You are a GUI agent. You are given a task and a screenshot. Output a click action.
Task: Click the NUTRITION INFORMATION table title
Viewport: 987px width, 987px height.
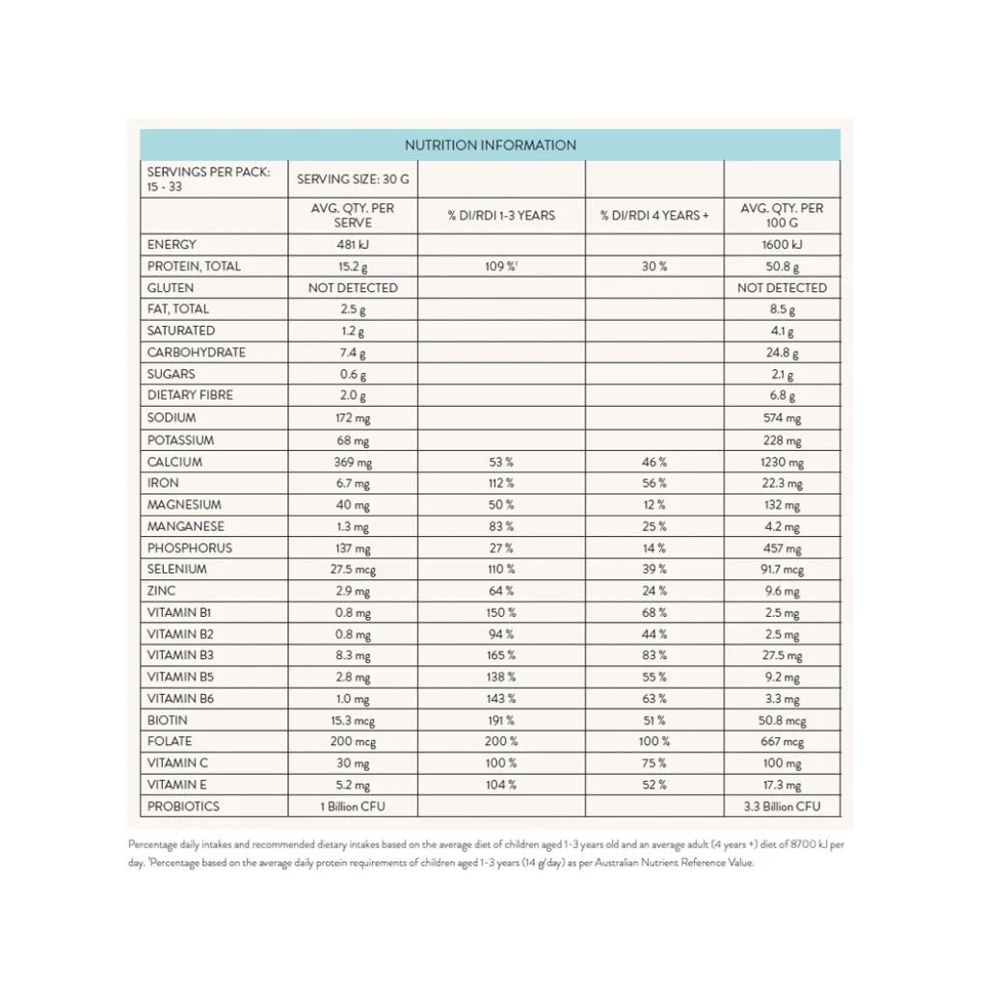pyautogui.click(x=490, y=146)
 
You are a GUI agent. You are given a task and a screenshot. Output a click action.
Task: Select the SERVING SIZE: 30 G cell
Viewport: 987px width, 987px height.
pyautogui.click(x=353, y=179)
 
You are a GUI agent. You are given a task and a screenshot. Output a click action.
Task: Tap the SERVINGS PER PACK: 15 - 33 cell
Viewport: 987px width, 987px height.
pyautogui.click(x=209, y=179)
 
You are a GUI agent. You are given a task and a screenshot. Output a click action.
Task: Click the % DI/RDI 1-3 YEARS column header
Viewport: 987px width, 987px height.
pyautogui.click(x=501, y=215)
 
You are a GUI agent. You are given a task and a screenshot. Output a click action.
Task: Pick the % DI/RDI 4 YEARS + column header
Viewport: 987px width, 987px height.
pyautogui.click(x=654, y=215)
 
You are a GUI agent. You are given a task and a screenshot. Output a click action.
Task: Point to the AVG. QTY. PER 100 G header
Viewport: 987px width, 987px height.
pyautogui.click(x=782, y=215)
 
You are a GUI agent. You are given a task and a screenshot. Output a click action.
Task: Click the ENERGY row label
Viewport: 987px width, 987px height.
pyautogui.click(x=172, y=245)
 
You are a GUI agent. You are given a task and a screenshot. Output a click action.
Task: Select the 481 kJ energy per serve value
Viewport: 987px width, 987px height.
pyautogui.click(x=353, y=245)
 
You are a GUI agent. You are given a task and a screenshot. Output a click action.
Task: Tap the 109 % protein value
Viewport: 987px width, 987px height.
pyautogui.click(x=500, y=266)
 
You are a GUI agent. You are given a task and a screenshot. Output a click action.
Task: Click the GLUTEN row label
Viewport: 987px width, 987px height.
pyautogui.click(x=171, y=288)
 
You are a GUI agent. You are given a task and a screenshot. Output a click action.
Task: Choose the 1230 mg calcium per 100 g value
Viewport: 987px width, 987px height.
pyautogui.click(x=782, y=463)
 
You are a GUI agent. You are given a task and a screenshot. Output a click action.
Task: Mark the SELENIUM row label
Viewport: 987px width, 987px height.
pyautogui.click(x=177, y=570)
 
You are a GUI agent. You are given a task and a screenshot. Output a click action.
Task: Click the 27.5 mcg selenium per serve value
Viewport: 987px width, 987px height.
pyautogui.click(x=353, y=570)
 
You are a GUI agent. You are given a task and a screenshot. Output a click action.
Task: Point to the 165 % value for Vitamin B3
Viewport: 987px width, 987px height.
pyautogui.click(x=501, y=655)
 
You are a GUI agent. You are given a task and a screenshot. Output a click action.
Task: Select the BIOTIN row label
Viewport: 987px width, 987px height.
pyautogui.click(x=168, y=720)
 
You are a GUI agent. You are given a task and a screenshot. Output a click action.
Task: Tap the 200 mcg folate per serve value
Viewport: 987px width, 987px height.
pyautogui.click(x=353, y=742)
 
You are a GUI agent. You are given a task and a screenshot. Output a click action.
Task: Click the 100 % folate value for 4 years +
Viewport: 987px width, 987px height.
pyautogui.click(x=654, y=742)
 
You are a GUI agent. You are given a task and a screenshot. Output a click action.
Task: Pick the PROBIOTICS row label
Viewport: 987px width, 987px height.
pyautogui.click(x=183, y=807)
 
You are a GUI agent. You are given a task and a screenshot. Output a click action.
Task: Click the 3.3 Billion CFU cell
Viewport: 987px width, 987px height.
pyautogui.click(x=782, y=807)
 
